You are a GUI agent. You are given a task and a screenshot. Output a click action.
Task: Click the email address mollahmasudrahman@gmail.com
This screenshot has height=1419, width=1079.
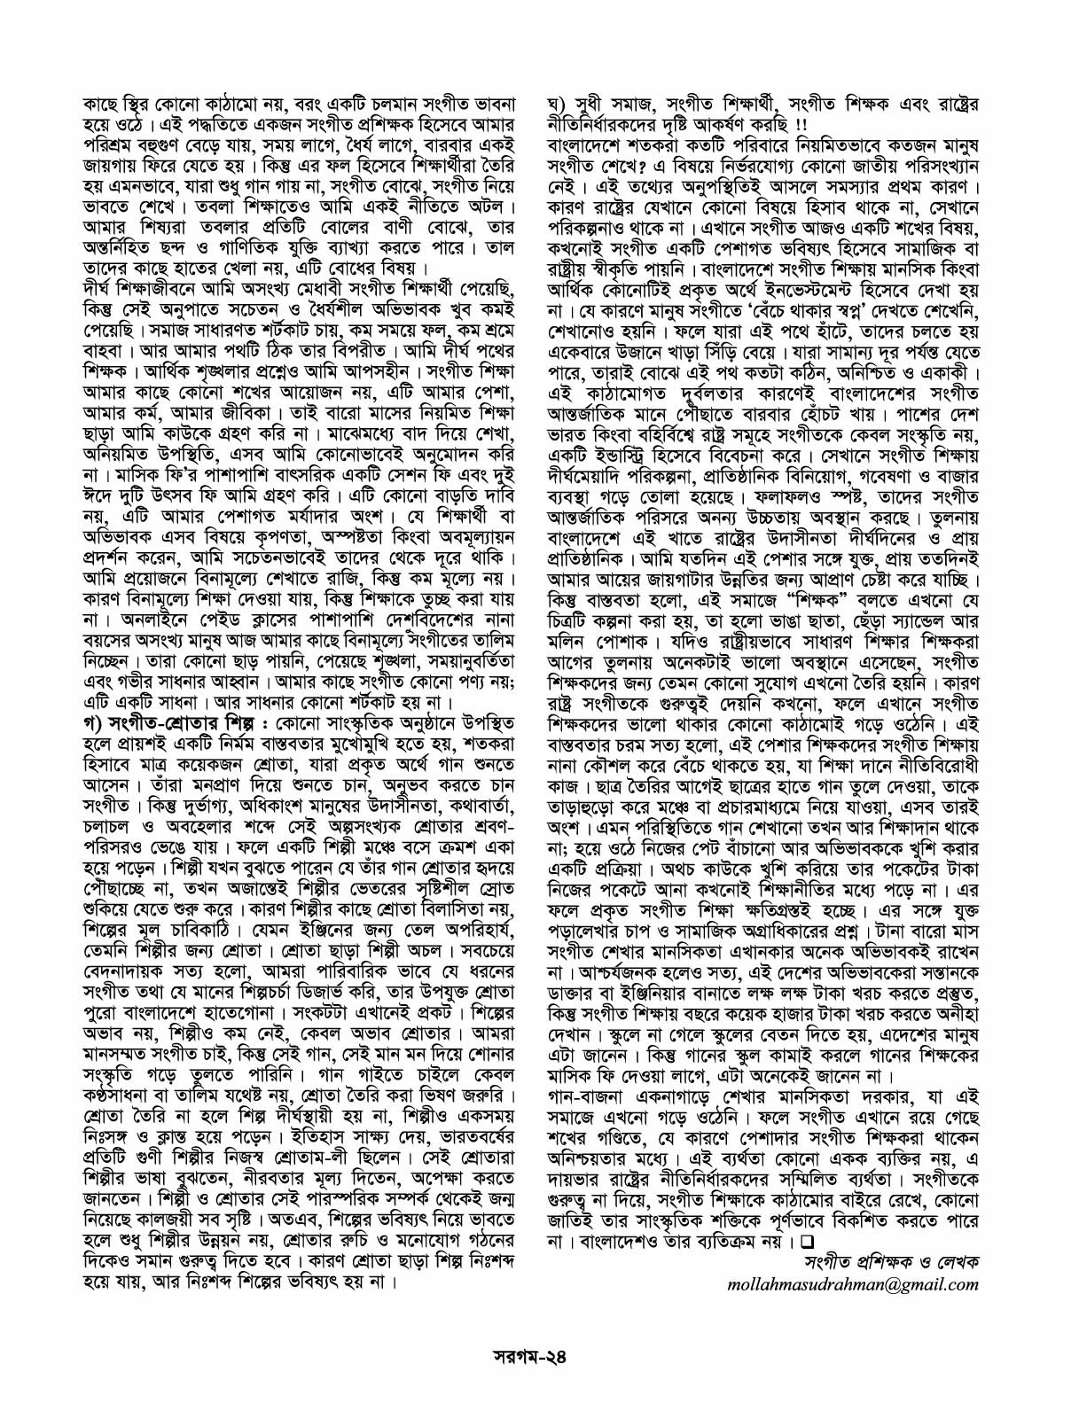(x=852, y=1283)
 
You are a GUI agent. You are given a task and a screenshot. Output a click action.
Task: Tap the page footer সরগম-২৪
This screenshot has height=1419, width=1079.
(x=540, y=1357)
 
